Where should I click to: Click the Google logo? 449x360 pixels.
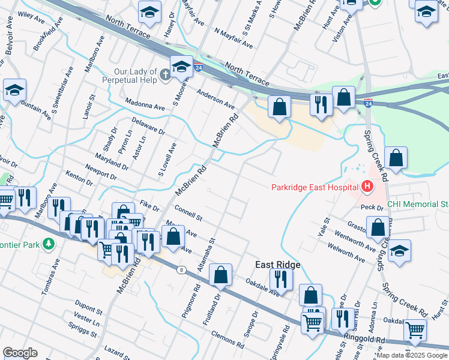coord(20,353)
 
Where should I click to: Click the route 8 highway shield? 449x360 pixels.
coord(181,270)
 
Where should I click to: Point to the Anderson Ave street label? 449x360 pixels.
coord(216,97)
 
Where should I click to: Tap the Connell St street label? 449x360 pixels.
coord(188,212)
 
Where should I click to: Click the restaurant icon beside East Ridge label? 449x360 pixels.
coord(280,278)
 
